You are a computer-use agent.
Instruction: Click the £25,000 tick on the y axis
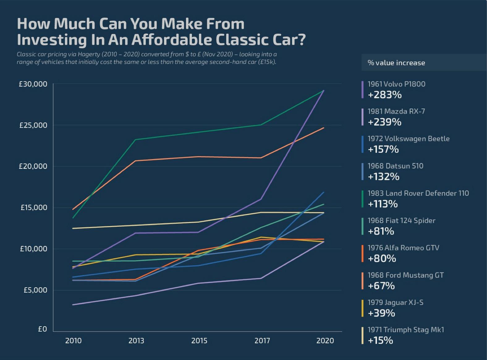click(33, 125)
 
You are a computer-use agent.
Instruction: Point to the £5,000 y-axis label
click(35, 290)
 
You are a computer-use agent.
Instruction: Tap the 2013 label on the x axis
click(136, 341)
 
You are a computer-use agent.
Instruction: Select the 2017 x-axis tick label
click(262, 341)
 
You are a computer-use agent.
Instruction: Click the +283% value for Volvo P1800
click(385, 95)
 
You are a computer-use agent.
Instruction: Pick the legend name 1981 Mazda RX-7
click(396, 111)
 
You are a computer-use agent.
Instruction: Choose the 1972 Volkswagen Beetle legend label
click(409, 139)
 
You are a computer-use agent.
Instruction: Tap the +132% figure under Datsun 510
click(383, 177)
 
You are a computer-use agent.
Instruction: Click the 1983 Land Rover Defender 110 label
click(418, 193)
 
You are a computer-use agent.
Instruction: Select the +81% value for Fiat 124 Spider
click(381, 231)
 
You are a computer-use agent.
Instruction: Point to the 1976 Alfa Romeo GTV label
click(403, 248)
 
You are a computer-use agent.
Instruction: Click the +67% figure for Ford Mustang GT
click(381, 286)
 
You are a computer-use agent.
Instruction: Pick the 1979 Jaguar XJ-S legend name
click(395, 302)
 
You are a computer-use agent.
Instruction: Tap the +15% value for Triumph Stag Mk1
click(380, 341)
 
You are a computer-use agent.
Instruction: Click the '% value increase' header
click(396, 63)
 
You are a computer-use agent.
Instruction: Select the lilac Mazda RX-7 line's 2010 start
click(73, 305)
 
